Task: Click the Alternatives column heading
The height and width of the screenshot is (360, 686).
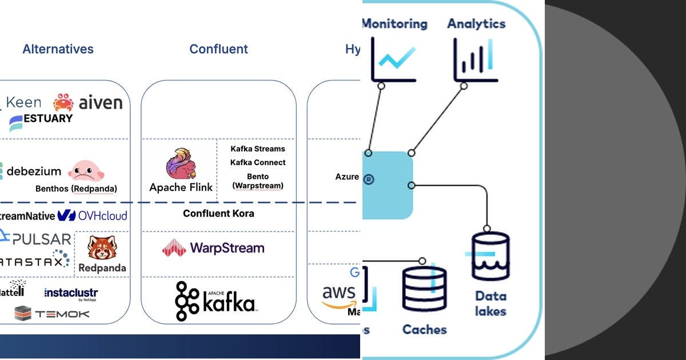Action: (x=58, y=49)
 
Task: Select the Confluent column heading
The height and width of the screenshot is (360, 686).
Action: (x=218, y=49)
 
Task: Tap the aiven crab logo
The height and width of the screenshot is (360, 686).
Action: (x=63, y=102)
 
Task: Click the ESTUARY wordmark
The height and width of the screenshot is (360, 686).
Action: (x=41, y=119)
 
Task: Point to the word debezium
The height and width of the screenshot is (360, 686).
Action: (x=34, y=171)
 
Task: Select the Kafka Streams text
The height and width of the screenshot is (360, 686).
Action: (x=257, y=149)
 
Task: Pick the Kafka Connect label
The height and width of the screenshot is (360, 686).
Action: (x=258, y=162)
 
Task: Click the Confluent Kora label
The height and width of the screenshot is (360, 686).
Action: (x=218, y=213)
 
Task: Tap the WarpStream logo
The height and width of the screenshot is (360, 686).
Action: (x=213, y=248)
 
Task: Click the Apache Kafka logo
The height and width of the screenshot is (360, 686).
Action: (x=216, y=301)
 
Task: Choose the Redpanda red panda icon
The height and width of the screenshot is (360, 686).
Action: (x=102, y=248)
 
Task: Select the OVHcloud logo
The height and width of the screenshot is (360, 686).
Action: (x=93, y=215)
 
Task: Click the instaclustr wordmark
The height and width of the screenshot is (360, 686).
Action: (x=71, y=293)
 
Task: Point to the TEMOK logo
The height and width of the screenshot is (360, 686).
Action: (x=52, y=313)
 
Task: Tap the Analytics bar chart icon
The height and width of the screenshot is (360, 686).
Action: (x=476, y=59)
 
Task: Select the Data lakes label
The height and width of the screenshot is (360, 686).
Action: (x=490, y=303)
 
